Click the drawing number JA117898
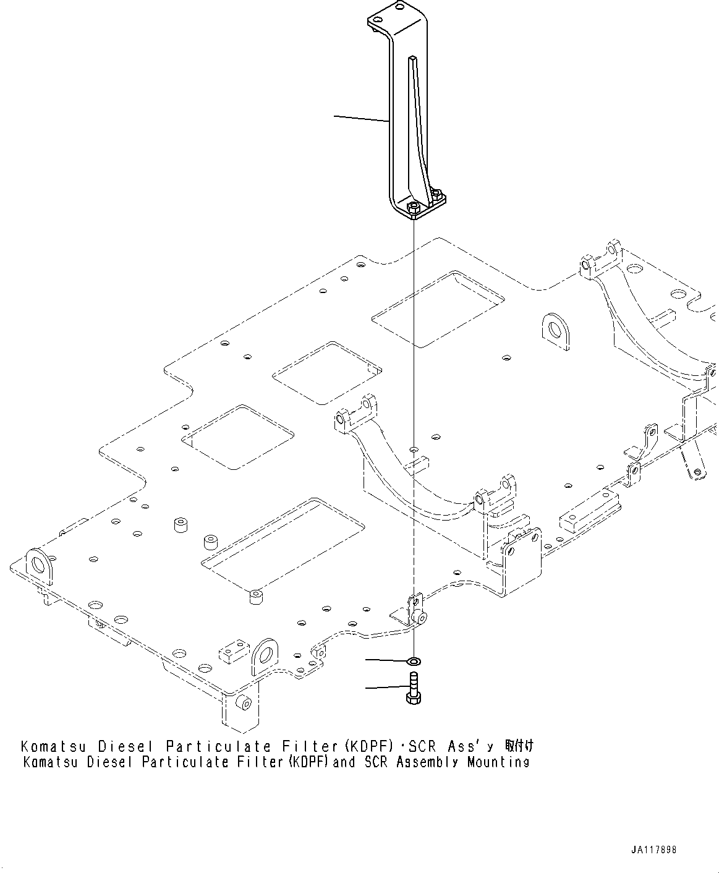(654, 850)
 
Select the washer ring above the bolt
(414, 662)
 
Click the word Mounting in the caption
(498, 762)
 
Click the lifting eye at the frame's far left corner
(40, 564)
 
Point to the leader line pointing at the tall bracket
(362, 119)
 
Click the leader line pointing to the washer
(386, 661)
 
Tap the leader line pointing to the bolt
(386, 688)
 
